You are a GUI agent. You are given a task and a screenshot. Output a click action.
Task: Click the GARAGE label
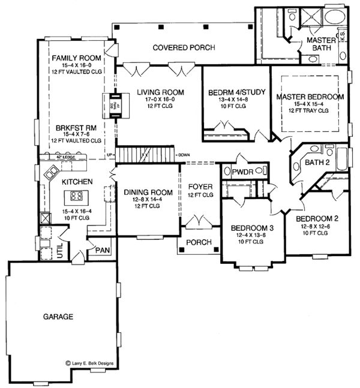tap(58, 316)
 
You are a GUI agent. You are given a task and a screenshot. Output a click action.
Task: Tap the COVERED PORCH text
tap(176, 47)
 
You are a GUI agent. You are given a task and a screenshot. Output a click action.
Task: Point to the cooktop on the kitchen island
tap(77, 195)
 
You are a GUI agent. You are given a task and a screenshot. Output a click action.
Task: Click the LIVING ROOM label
tap(160, 92)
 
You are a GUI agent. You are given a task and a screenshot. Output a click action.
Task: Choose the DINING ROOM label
tap(148, 193)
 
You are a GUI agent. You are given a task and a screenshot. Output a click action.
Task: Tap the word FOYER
tap(200, 187)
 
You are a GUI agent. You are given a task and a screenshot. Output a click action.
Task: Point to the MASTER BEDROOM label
tap(310, 97)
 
